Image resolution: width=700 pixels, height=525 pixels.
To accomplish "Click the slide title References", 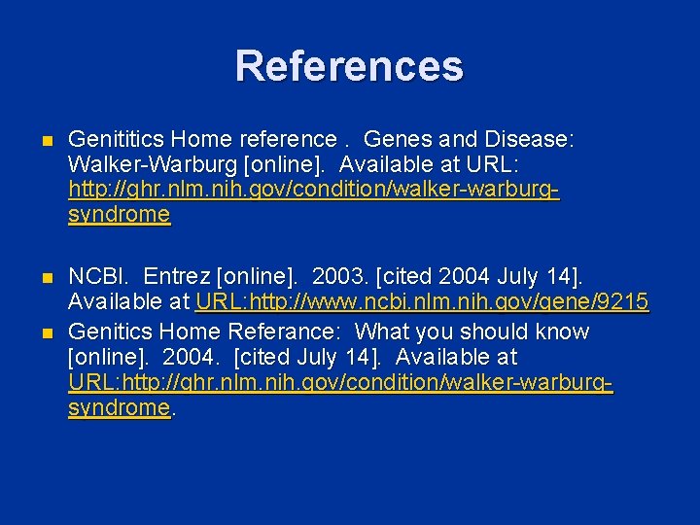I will click(x=349, y=66).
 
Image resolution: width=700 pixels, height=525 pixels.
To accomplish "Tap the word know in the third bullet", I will click(x=561, y=332).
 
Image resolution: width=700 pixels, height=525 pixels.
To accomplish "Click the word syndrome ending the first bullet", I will click(x=119, y=215).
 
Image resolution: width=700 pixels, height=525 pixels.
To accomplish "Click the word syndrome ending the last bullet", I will click(x=119, y=408).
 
